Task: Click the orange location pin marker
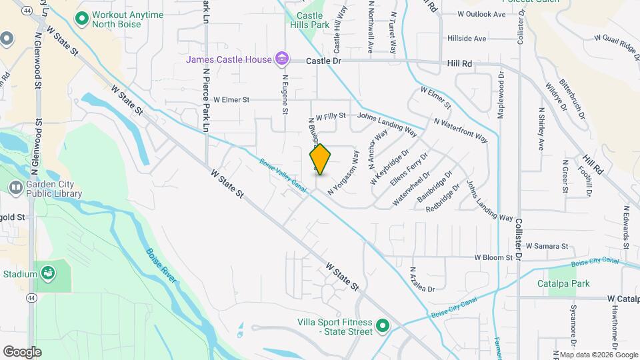320,159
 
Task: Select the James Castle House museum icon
282,60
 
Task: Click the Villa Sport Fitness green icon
383,326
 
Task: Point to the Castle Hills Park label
310,20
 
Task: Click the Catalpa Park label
563,283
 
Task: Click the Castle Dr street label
323,61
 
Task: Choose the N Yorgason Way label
343,173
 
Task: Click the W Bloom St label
493,257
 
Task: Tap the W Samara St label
545,246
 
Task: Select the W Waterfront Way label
460,131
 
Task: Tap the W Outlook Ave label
482,13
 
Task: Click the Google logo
21,351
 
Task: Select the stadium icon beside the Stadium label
48,273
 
